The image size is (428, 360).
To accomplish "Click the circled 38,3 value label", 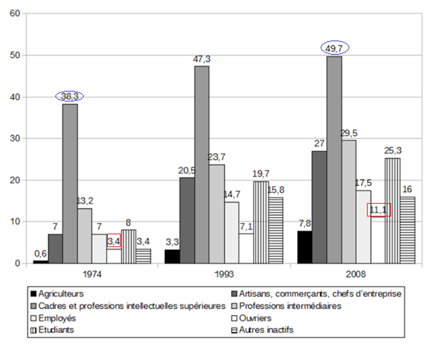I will click(x=69, y=96).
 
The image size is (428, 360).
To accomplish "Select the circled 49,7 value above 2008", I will click(x=335, y=48).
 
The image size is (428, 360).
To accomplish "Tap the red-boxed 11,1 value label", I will click(x=379, y=210).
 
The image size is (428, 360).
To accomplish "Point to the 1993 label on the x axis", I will click(x=224, y=275).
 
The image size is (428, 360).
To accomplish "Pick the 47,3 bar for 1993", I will click(x=202, y=164).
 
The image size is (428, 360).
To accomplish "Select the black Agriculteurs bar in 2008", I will click(x=305, y=247).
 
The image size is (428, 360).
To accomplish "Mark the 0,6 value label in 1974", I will click(x=40, y=253).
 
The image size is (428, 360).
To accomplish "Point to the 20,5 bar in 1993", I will click(x=187, y=220).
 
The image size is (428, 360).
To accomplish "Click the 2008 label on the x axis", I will click(x=356, y=275).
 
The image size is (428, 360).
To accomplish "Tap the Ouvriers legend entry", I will click(x=256, y=318).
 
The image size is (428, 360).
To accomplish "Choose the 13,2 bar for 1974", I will click(x=84, y=236).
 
